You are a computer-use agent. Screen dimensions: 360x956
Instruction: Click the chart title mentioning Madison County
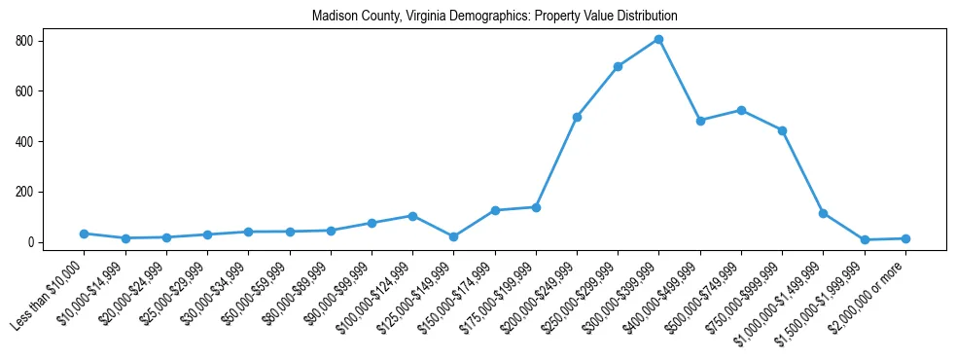pyautogui.click(x=494, y=17)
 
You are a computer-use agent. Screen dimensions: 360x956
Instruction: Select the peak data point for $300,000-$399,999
pyautogui.click(x=658, y=40)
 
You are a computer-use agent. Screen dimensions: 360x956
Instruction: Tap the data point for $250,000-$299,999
pyautogui.click(x=618, y=66)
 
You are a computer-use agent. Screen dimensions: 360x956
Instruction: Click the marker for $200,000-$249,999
pyautogui.click(x=577, y=117)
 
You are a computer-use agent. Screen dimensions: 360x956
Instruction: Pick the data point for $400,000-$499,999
pyautogui.click(x=700, y=121)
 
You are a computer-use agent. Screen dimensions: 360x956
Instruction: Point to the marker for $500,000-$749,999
pyautogui.click(x=741, y=110)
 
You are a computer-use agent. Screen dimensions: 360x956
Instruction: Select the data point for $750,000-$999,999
pyautogui.click(x=782, y=130)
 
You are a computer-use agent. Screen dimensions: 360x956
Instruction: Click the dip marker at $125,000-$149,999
pyautogui.click(x=453, y=236)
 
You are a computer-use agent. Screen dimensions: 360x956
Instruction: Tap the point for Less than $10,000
pyautogui.click(x=85, y=234)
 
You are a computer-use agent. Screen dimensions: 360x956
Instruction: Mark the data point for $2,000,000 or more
pyautogui.click(x=905, y=238)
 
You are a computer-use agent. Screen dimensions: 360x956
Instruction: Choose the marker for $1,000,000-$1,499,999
pyautogui.click(x=823, y=213)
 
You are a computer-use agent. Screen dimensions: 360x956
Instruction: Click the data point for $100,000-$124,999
pyautogui.click(x=412, y=216)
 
